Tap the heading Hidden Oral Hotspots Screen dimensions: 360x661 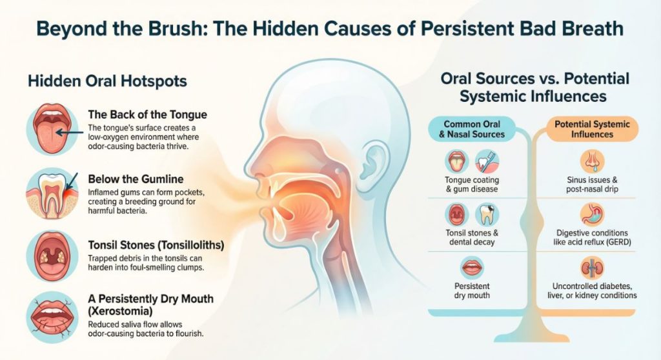107,81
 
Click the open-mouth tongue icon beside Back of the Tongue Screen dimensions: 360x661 52,128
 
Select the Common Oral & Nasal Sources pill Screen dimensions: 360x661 473,129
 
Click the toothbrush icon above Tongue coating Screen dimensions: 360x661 487,161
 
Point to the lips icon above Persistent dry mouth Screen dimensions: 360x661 472,266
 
